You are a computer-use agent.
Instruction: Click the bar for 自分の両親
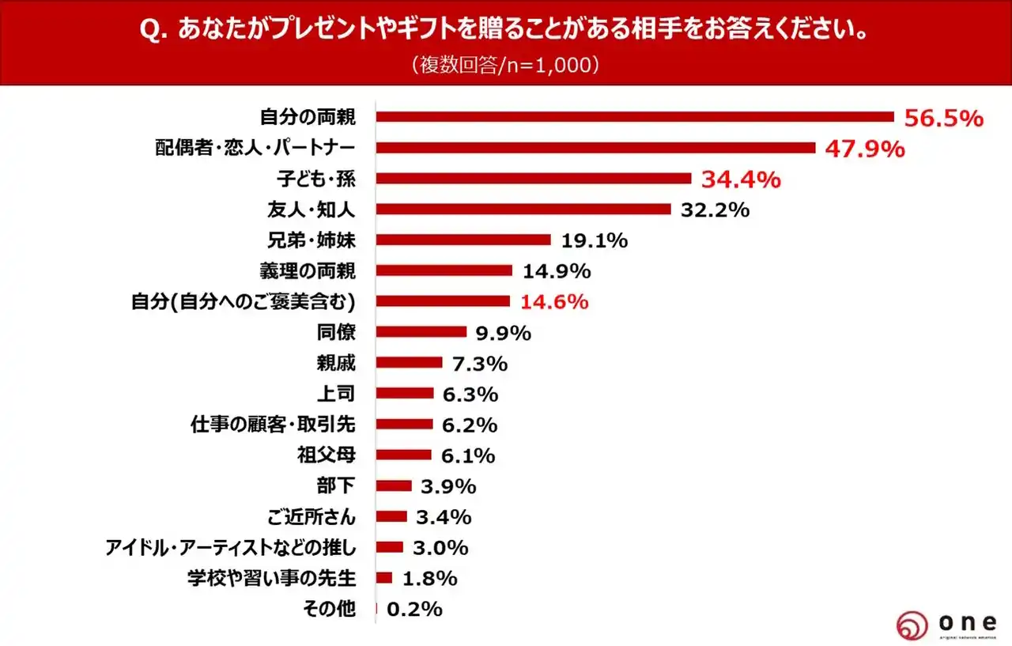634,117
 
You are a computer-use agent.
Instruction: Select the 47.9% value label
865,149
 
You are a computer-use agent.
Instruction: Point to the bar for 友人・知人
523,210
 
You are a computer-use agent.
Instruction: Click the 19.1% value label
594,240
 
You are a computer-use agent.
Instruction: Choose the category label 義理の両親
308,271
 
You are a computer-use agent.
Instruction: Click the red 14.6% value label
554,301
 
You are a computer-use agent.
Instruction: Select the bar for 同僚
421,332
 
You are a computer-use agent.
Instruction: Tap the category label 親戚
335,363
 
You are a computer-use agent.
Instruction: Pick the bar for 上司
405,393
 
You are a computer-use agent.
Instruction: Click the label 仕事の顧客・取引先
273,425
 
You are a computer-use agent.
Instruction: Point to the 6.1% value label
468,455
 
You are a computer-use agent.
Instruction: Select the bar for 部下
394,485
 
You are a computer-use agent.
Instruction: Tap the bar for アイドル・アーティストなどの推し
390,547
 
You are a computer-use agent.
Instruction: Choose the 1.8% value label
429,578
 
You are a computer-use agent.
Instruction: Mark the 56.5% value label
944,119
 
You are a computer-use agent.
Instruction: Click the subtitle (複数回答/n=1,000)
505,65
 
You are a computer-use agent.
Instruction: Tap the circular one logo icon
912,625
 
